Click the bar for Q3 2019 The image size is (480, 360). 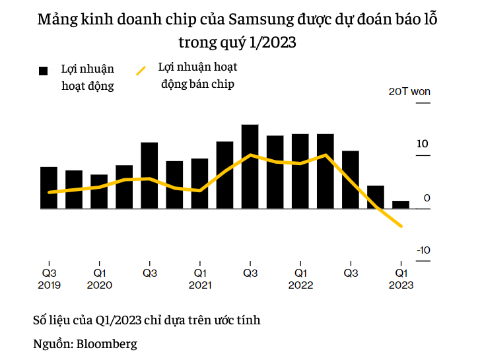point(49,188)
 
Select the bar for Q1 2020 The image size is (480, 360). point(99,192)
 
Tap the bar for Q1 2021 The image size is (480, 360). point(199,184)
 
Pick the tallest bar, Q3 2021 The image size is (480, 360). point(250,166)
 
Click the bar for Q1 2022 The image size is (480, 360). point(300,171)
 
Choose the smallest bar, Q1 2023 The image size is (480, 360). point(401,205)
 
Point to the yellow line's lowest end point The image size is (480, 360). point(401,227)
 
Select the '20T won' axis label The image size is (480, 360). point(409,92)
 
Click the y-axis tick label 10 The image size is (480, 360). point(423,144)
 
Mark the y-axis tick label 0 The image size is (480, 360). point(427,198)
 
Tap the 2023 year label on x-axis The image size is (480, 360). point(401,285)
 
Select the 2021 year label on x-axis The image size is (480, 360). point(199,285)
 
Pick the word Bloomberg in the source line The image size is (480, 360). point(106,343)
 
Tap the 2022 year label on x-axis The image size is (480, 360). point(300,285)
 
